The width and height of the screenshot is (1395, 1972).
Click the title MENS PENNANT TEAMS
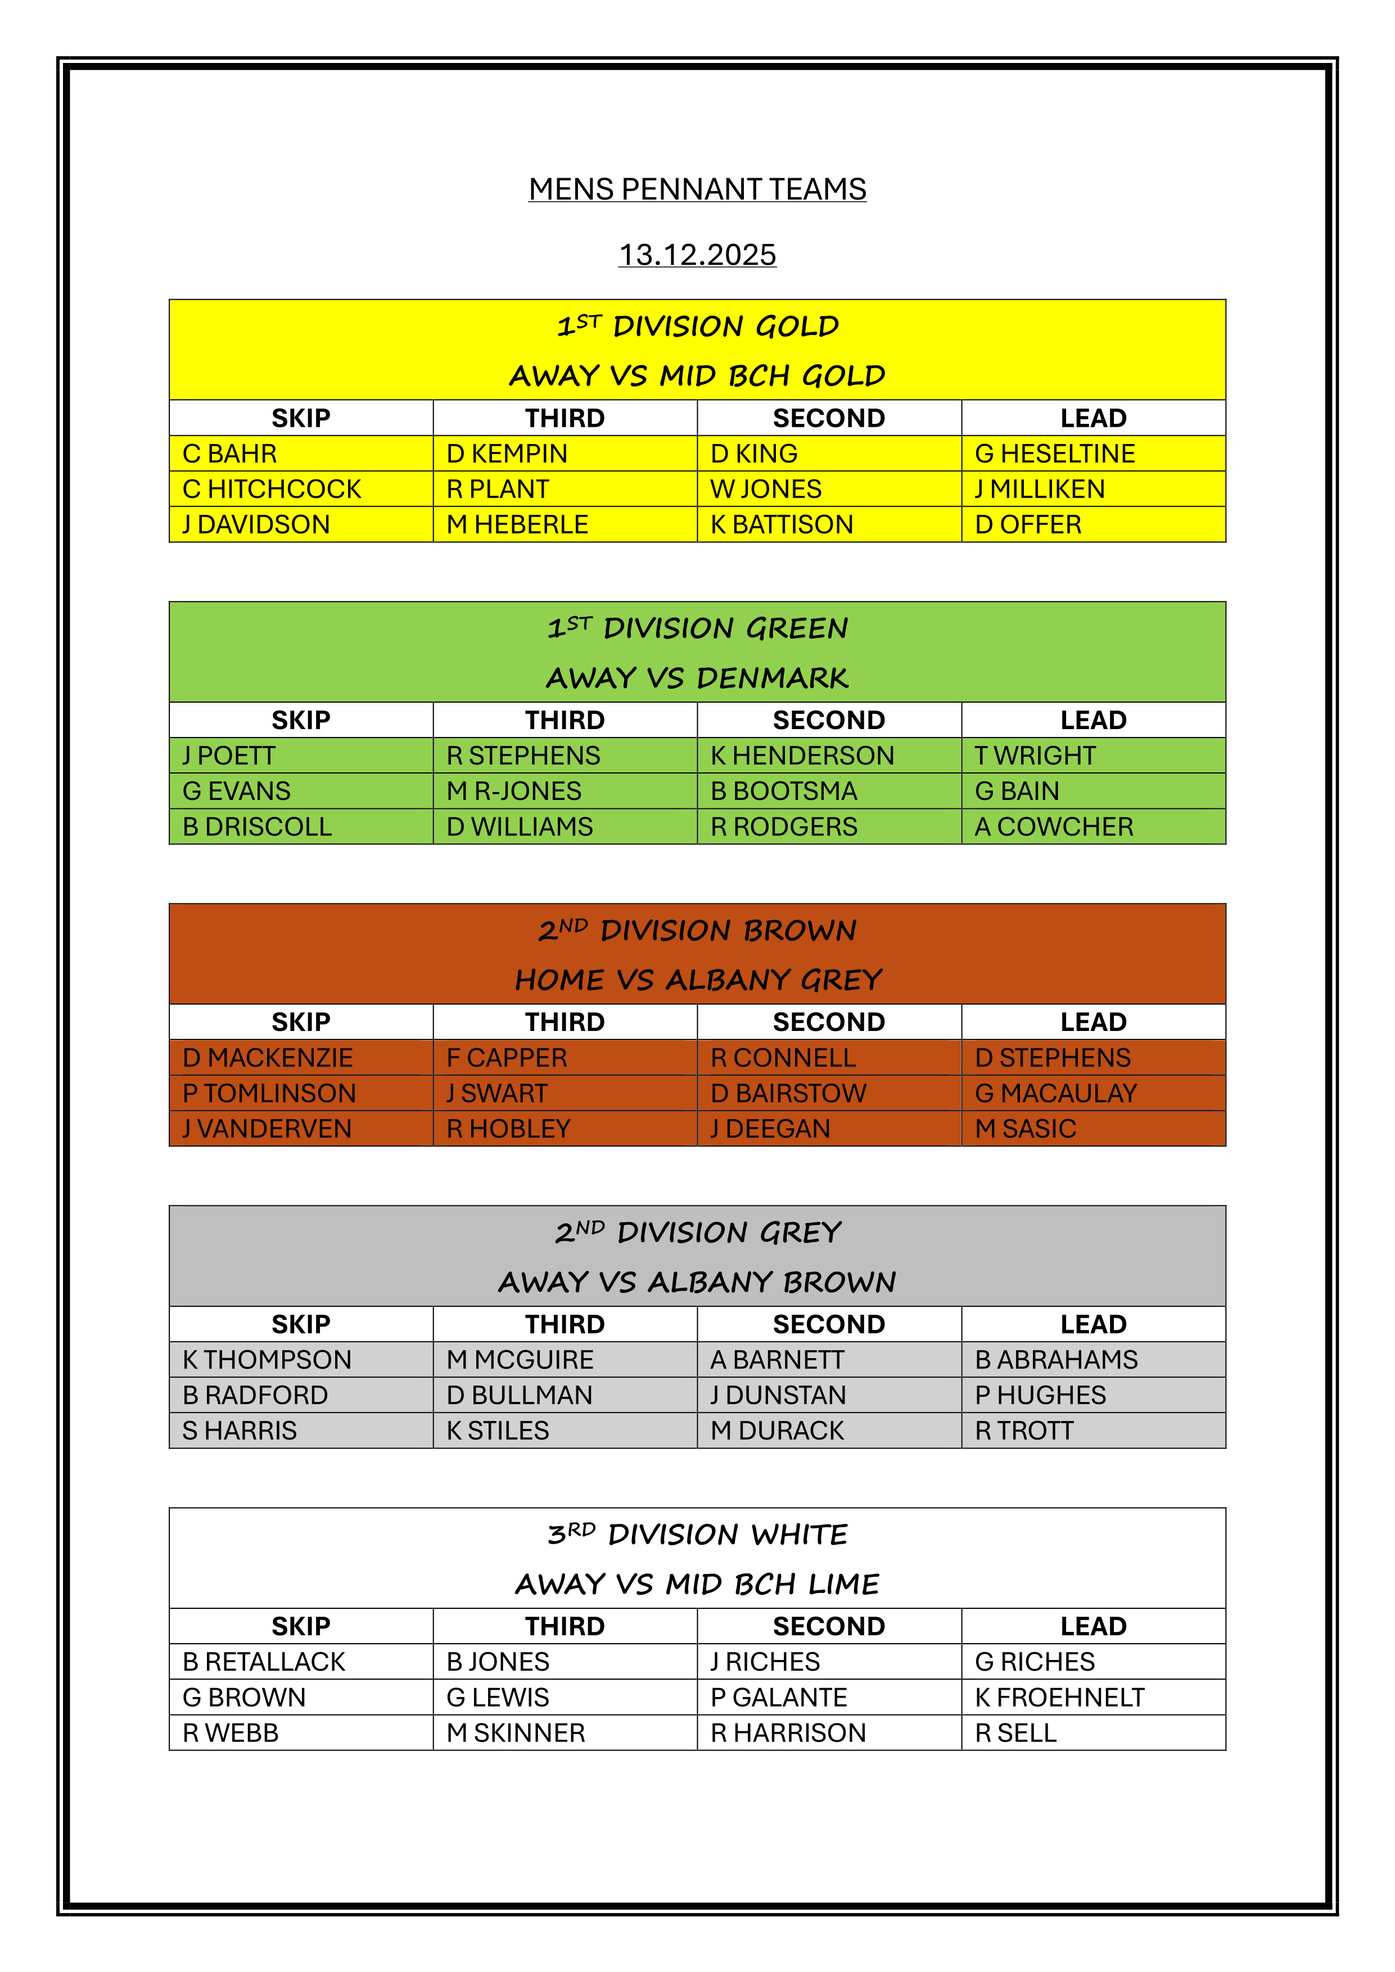click(697, 189)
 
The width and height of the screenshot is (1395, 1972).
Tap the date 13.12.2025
click(697, 255)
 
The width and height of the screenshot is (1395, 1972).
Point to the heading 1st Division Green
click(697, 628)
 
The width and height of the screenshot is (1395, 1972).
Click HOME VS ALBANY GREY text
click(697, 980)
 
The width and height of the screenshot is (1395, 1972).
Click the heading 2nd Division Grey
click(697, 1232)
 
